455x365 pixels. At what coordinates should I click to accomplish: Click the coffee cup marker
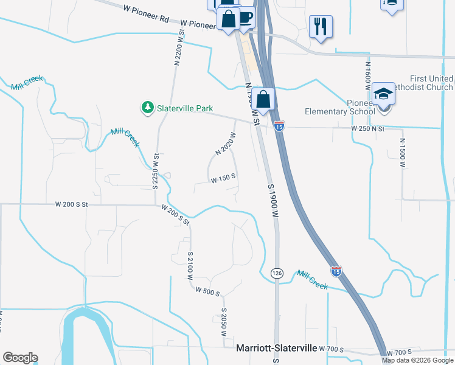[x=245, y=16]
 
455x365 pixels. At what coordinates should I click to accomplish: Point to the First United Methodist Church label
[x=431, y=83]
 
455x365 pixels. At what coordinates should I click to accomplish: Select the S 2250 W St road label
[x=156, y=171]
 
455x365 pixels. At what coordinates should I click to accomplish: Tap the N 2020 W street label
[x=225, y=143]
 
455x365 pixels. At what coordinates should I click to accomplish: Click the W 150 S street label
[x=223, y=178]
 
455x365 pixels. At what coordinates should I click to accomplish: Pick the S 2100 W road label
[x=190, y=265]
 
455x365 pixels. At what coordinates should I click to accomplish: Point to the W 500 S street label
[x=207, y=292]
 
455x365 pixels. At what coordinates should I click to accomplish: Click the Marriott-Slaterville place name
[x=276, y=348]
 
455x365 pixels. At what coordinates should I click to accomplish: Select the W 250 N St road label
[x=368, y=128]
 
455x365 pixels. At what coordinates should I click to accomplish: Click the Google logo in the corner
[x=20, y=358]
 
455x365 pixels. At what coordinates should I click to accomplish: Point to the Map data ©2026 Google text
[x=417, y=360]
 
